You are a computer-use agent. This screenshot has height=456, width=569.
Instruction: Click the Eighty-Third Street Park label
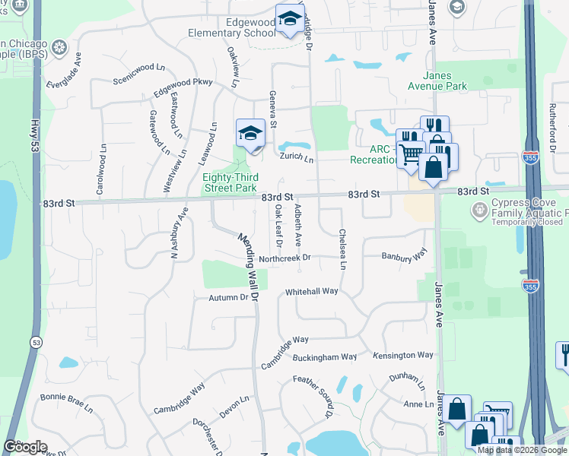tap(230, 182)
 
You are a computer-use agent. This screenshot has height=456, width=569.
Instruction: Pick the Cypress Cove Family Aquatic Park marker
tap(480, 208)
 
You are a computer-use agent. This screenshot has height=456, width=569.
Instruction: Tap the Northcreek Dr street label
tap(285, 258)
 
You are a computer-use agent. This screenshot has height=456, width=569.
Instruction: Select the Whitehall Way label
tap(311, 292)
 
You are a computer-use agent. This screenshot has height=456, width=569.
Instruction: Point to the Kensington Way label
tap(403, 355)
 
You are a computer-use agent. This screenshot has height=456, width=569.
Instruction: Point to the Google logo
tap(25, 447)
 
